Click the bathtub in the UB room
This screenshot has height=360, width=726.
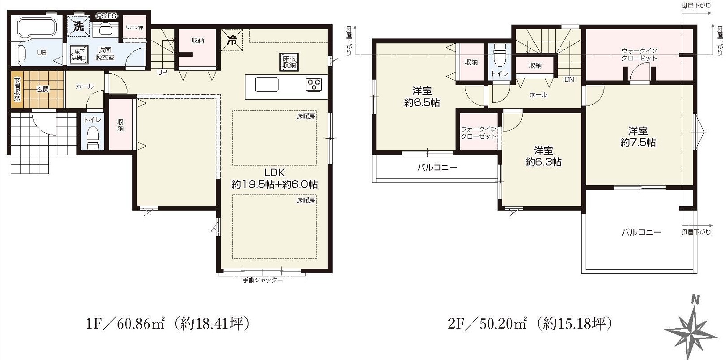coord(37,27)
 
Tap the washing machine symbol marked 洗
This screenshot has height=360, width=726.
coord(78,26)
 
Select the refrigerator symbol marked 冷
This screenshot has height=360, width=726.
coord(232,40)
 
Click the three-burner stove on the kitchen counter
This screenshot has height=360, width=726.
coord(314,85)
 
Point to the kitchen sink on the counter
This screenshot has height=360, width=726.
coord(267,85)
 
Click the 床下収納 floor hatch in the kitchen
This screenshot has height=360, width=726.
coord(289,62)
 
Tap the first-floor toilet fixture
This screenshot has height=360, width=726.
coord(93,138)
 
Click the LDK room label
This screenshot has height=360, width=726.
coord(274,172)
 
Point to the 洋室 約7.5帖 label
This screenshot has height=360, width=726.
coord(638,137)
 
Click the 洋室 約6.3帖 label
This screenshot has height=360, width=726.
coord(544,157)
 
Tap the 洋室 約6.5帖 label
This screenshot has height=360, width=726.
coord(422,97)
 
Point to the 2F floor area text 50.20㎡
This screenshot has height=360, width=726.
coord(503,324)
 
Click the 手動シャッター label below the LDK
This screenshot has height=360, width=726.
coord(263,280)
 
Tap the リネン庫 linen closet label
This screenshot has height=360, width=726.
coord(135,27)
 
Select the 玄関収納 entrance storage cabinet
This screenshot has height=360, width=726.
coord(17,89)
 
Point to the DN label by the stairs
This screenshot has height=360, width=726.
coord(569,80)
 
